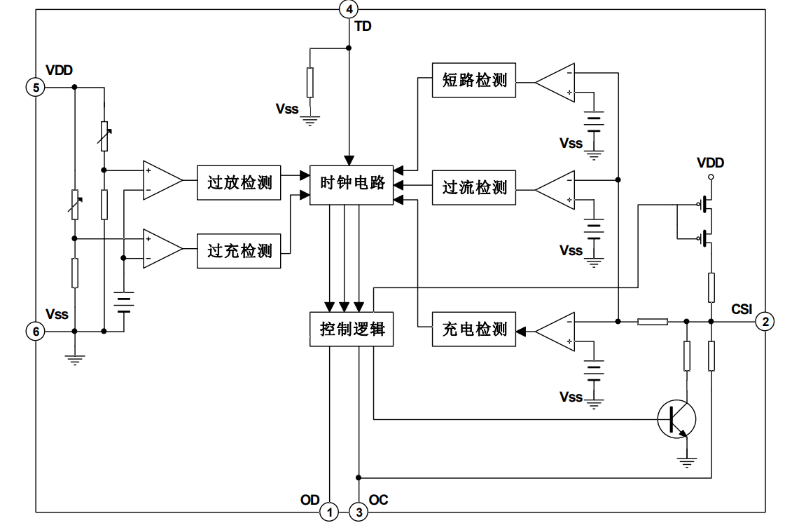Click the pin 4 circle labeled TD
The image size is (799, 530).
pyautogui.click(x=349, y=9)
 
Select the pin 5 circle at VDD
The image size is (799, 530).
pyautogui.click(x=35, y=87)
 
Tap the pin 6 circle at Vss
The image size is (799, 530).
pyautogui.click(x=35, y=331)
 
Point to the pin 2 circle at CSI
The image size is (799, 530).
pyautogui.click(x=766, y=321)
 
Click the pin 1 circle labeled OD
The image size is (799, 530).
pyautogui.click(x=329, y=512)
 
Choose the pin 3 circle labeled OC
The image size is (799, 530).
pyautogui.click(x=359, y=512)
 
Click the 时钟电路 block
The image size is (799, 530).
pyautogui.click(x=352, y=184)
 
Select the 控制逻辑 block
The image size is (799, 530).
pyautogui.click(x=352, y=329)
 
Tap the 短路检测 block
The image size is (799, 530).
pyautogui.click(x=474, y=80)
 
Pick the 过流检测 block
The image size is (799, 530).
pyautogui.click(x=474, y=188)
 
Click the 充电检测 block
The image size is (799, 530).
pyautogui.click(x=474, y=329)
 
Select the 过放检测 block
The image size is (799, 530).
pyautogui.click(x=239, y=184)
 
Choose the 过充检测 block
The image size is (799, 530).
pyautogui.click(x=239, y=250)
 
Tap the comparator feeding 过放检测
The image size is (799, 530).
pyautogui.click(x=162, y=180)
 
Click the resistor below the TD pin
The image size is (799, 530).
pyautogui.click(x=310, y=83)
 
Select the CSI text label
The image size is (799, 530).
pyautogui.click(x=742, y=309)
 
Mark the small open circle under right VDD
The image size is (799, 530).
pyautogui.click(x=711, y=178)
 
